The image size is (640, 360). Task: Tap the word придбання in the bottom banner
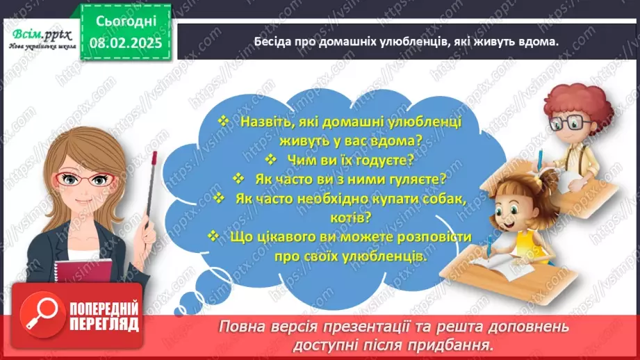[x=461, y=345]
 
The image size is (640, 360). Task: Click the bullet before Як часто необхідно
[x=220, y=198]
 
